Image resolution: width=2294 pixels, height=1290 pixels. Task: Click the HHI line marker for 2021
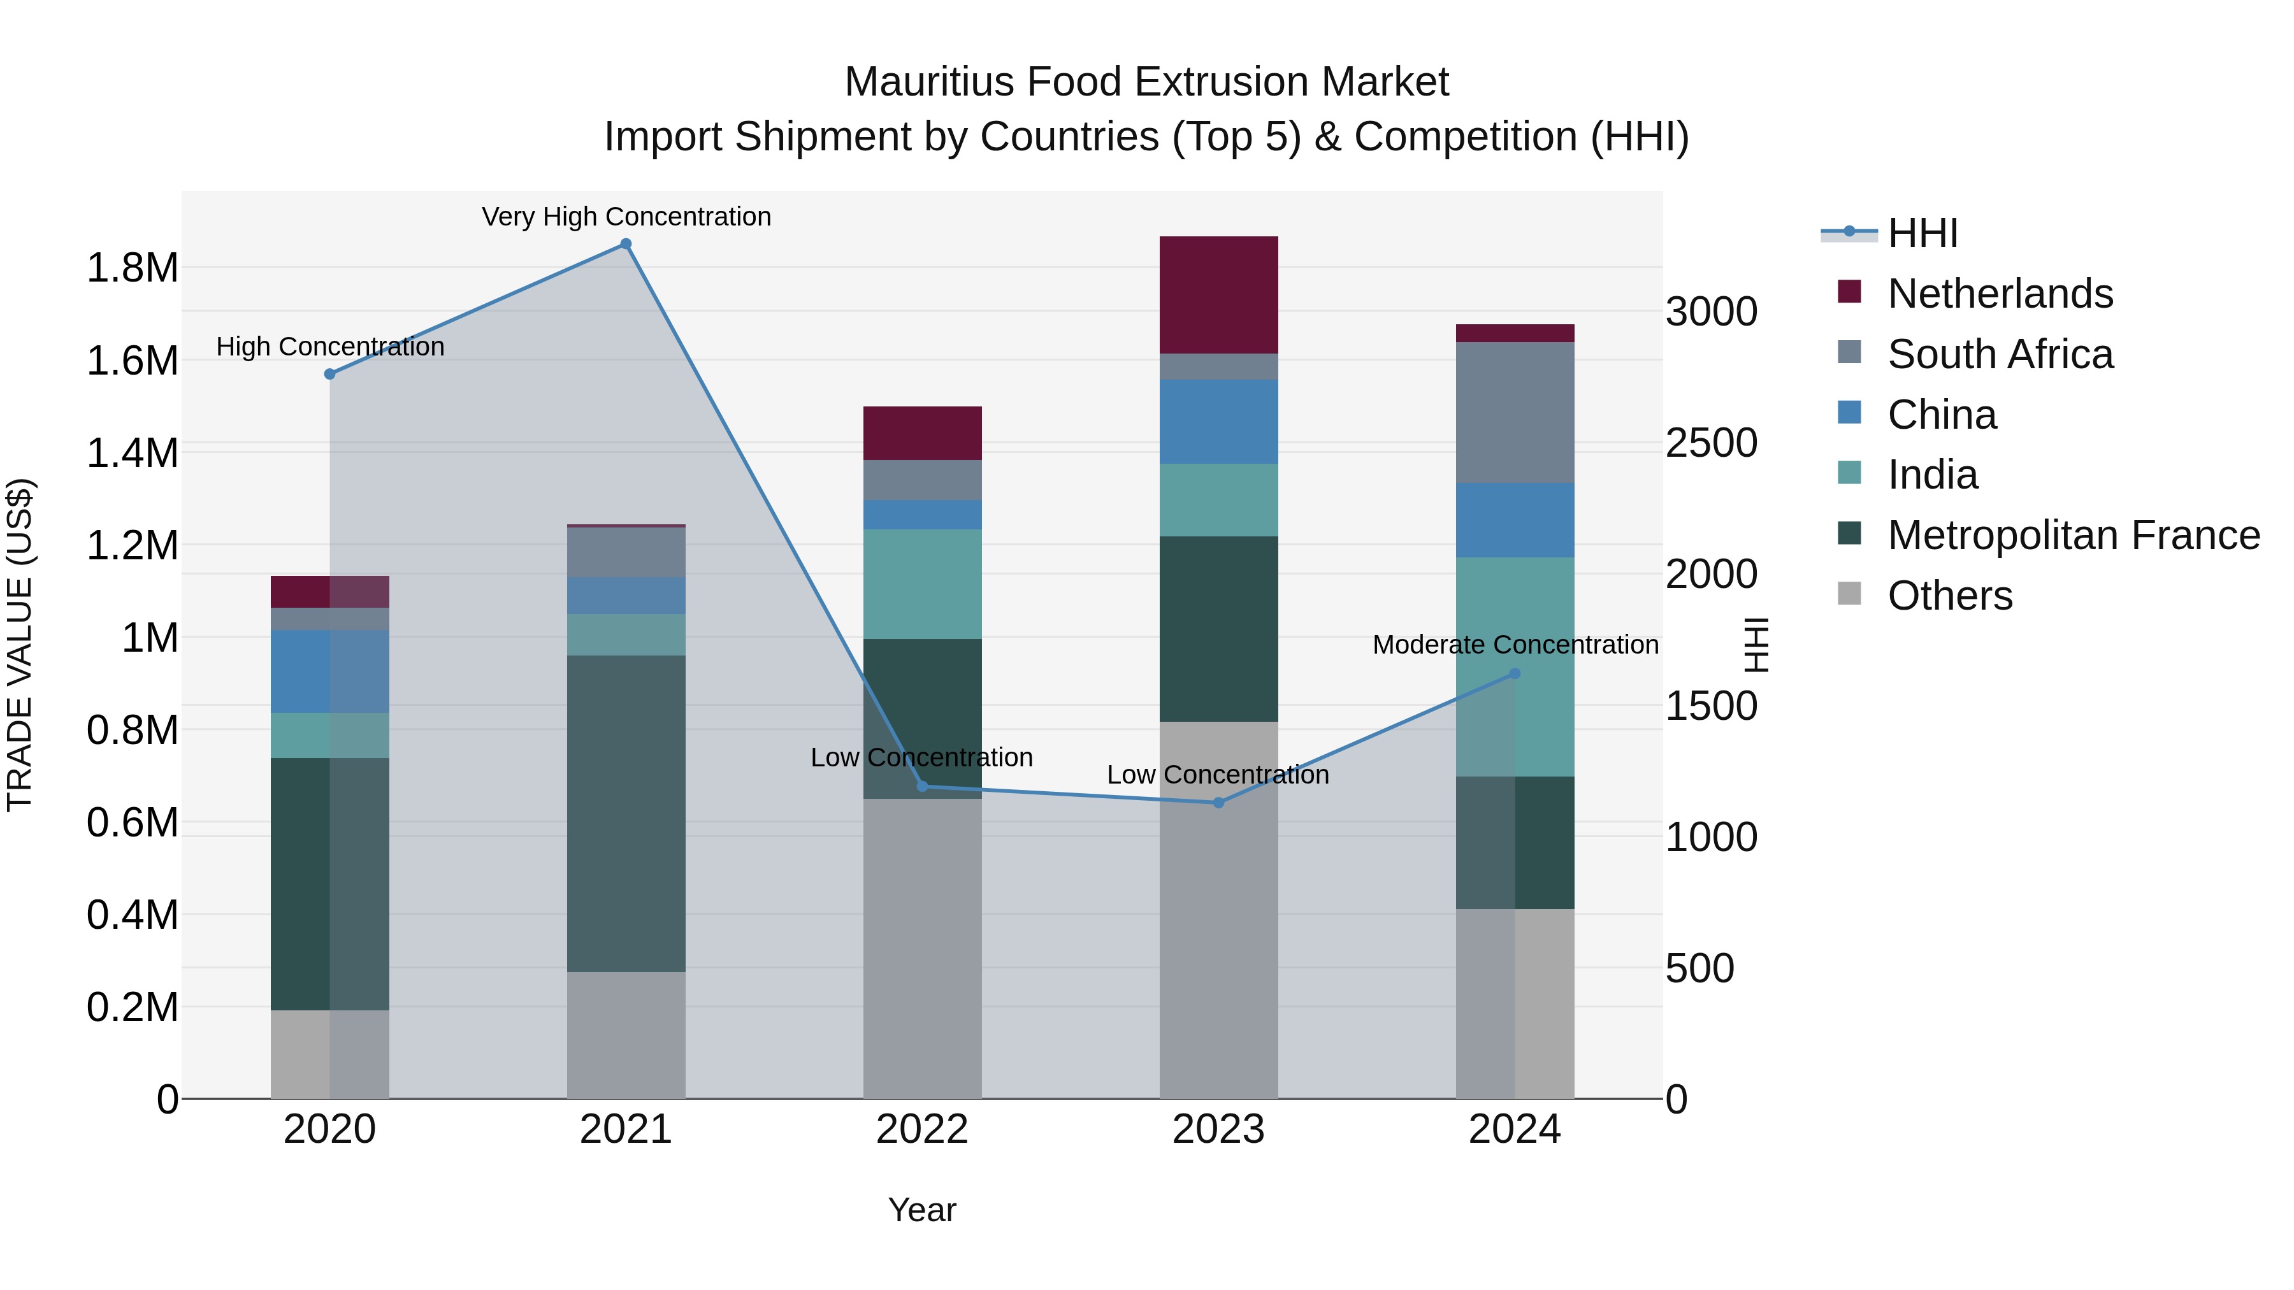pyautogui.click(x=626, y=244)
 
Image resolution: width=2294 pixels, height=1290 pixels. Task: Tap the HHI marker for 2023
pyautogui.click(x=1219, y=803)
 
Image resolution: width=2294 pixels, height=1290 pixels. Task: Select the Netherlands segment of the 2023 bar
pyautogui.click(x=1219, y=295)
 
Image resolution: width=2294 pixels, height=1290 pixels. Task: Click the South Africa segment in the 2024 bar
pyautogui.click(x=1515, y=412)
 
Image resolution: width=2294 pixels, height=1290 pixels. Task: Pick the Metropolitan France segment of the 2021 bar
pyautogui.click(x=626, y=813)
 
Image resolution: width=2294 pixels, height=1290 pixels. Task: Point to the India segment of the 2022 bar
pyautogui.click(x=923, y=584)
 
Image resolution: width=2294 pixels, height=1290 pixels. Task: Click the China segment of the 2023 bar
pyautogui.click(x=1219, y=421)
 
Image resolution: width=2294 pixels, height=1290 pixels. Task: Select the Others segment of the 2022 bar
pyautogui.click(x=923, y=948)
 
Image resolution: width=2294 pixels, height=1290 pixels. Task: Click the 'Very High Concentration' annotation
pyautogui.click(x=626, y=217)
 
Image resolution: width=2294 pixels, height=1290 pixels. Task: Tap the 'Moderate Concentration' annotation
pyautogui.click(x=1515, y=645)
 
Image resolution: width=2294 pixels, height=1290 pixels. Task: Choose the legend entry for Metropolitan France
pyautogui.click(x=2073, y=535)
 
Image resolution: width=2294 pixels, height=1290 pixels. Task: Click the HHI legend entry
pyautogui.click(x=1922, y=233)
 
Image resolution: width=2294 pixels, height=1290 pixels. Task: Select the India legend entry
pyautogui.click(x=1933, y=475)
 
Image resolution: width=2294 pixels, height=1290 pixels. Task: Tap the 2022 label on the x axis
pyautogui.click(x=923, y=1129)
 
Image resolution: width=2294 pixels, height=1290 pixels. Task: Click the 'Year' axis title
pyautogui.click(x=923, y=1210)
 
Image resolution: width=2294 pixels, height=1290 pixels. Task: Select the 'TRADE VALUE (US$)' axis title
pyautogui.click(x=20, y=645)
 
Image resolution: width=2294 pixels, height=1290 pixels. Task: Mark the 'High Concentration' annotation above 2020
pyautogui.click(x=330, y=347)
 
